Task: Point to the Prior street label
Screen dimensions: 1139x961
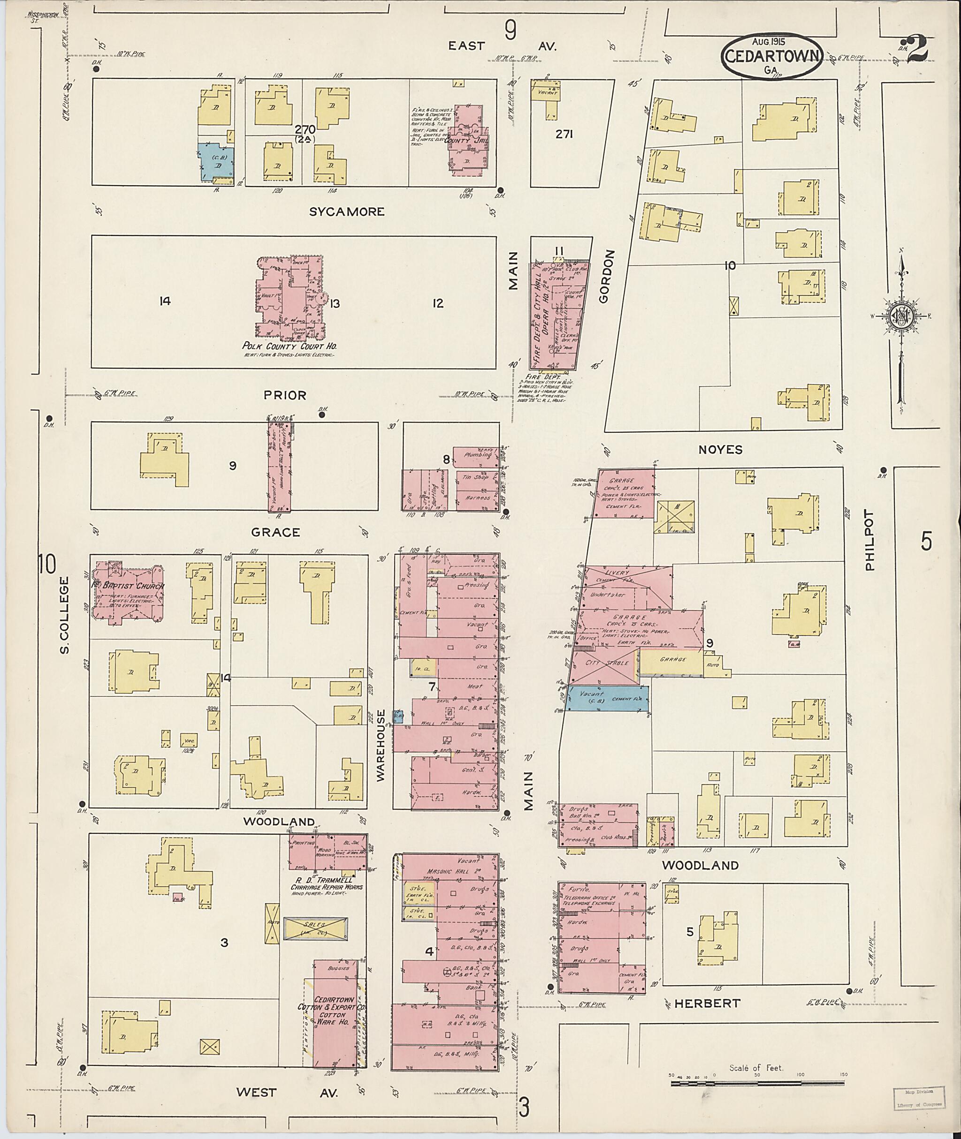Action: click(x=284, y=395)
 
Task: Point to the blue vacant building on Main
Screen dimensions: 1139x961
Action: click(x=606, y=699)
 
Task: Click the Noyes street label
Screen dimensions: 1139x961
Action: click(x=720, y=449)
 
